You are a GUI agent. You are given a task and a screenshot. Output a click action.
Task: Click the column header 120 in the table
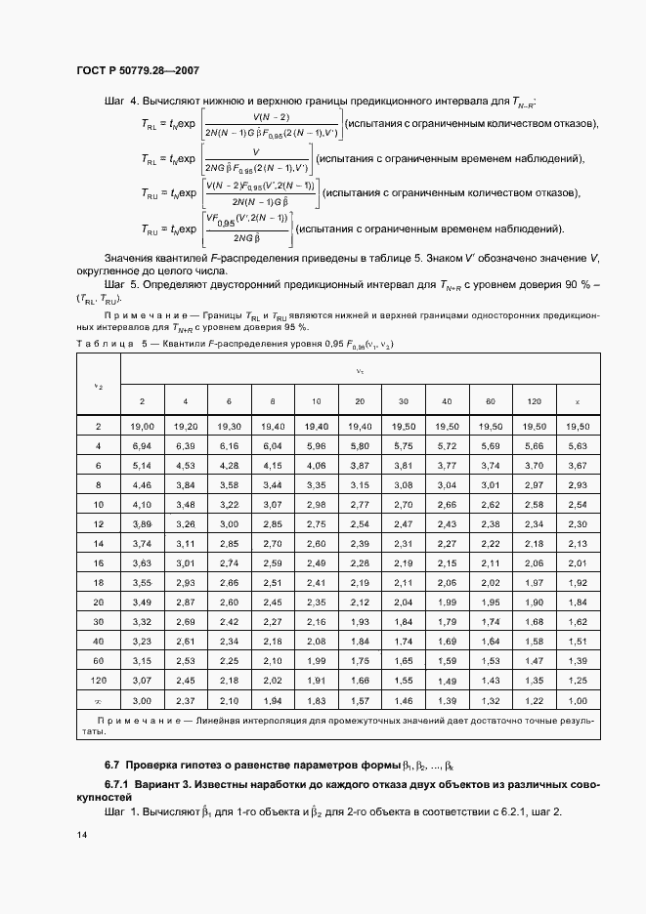click(534, 401)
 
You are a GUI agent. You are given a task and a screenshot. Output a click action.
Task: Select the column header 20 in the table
click(360, 401)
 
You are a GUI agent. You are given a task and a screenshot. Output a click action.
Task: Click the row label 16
click(98, 563)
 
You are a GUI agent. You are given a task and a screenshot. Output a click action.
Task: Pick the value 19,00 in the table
click(143, 427)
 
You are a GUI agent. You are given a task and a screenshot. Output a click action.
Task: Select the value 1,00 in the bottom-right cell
click(578, 701)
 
